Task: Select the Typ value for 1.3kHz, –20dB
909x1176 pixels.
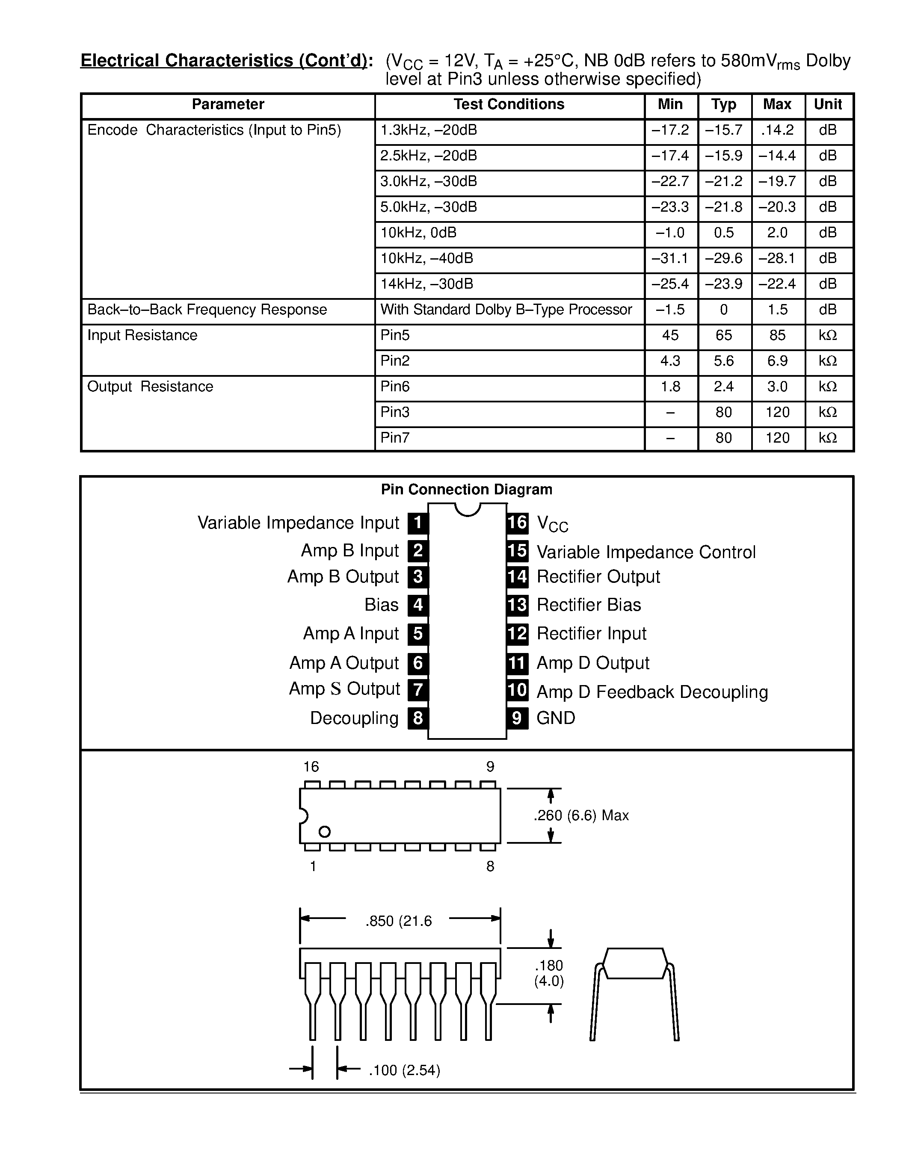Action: [723, 130]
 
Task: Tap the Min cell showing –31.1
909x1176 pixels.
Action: [670, 258]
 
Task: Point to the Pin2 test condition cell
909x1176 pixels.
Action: [395, 361]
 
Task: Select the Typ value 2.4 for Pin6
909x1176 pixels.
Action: [723, 387]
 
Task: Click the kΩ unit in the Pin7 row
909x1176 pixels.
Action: [827, 438]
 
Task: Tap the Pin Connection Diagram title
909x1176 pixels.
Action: [466, 490]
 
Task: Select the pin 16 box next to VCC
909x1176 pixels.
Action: [517, 522]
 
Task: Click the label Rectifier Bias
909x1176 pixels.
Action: [589, 605]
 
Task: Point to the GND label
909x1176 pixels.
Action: [556, 718]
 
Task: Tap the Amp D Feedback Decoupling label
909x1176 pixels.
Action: [651, 692]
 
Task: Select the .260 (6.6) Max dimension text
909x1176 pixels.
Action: [580, 815]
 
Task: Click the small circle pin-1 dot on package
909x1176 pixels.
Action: [324, 832]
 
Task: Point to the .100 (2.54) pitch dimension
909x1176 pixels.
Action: [404, 1070]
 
